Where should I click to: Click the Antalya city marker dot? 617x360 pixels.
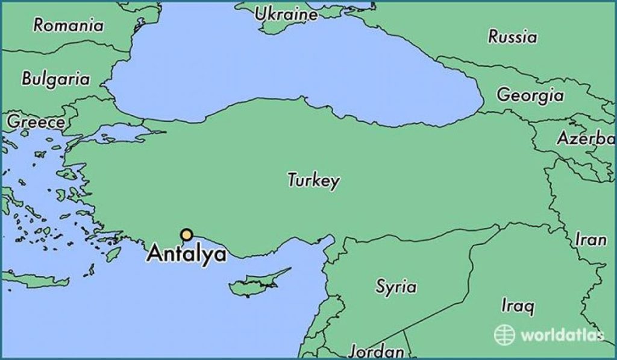[187, 235]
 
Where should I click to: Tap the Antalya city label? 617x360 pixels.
[187, 254]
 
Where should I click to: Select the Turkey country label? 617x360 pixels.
[313, 180]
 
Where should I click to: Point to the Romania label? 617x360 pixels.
[68, 25]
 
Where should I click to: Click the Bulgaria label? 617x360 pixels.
[55, 79]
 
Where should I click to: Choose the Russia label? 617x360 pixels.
[512, 37]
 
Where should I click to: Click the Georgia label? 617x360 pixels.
[530, 95]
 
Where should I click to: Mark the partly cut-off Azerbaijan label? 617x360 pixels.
[584, 138]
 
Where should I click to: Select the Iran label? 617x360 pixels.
[590, 239]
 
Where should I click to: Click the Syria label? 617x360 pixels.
[396, 286]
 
